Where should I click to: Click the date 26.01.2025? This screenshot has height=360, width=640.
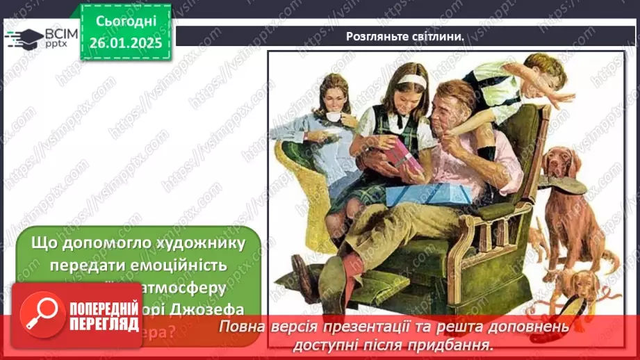(x=126, y=42)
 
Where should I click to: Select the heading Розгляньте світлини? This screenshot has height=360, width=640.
(x=405, y=36)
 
